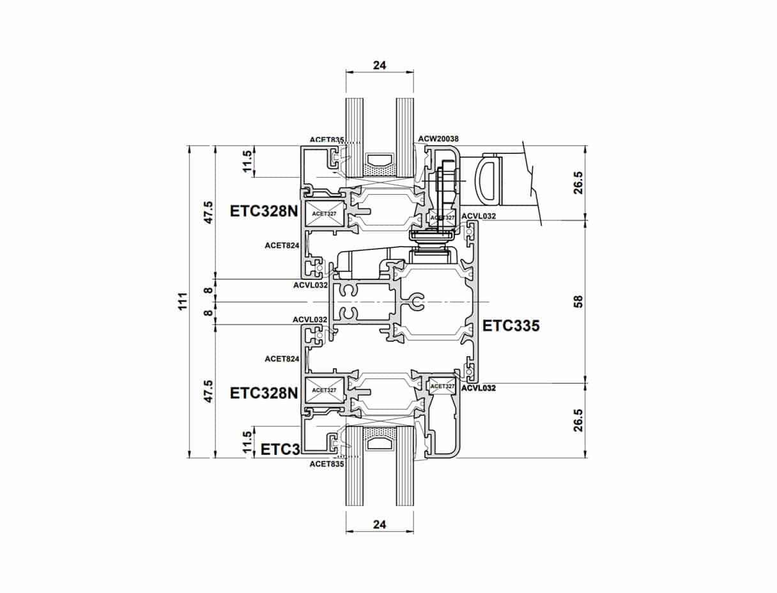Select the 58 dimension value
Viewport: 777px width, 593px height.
[578, 302]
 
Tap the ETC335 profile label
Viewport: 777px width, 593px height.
[511, 326]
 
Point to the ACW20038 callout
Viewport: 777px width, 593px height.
[438, 139]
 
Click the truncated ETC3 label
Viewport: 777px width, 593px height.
[281, 449]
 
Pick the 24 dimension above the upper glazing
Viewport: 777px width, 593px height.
[380, 65]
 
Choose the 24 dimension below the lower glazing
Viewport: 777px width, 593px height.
[380, 525]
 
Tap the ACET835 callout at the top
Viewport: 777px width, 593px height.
[327, 139]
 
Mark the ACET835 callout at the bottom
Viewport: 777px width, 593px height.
[327, 465]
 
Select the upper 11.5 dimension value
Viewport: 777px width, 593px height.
[248, 162]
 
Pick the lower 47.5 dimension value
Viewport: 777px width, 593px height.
[208, 391]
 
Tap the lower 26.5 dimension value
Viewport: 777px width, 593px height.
[578, 420]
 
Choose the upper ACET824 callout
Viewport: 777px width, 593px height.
[282, 245]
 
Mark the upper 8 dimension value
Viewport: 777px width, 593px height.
[208, 290]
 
